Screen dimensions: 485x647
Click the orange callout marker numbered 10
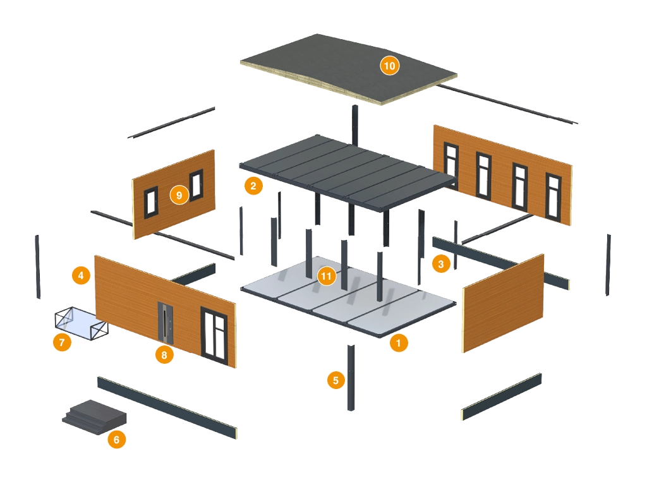(389, 64)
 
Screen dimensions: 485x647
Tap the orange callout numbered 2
(253, 186)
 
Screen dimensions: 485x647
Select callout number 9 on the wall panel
(179, 195)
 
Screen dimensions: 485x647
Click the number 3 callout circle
(440, 263)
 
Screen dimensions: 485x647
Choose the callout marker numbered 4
(80, 275)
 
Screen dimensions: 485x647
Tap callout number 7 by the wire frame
(61, 343)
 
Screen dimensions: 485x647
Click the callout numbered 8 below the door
(164, 354)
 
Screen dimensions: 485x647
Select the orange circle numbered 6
(116, 439)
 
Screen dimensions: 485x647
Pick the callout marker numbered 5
(335, 380)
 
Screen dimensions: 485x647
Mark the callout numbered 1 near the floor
(399, 343)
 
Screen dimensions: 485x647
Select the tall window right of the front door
(214, 333)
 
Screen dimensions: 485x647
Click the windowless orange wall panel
(503, 302)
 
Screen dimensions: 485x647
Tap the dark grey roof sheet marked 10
(341, 69)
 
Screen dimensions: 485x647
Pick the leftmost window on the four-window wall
(451, 160)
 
